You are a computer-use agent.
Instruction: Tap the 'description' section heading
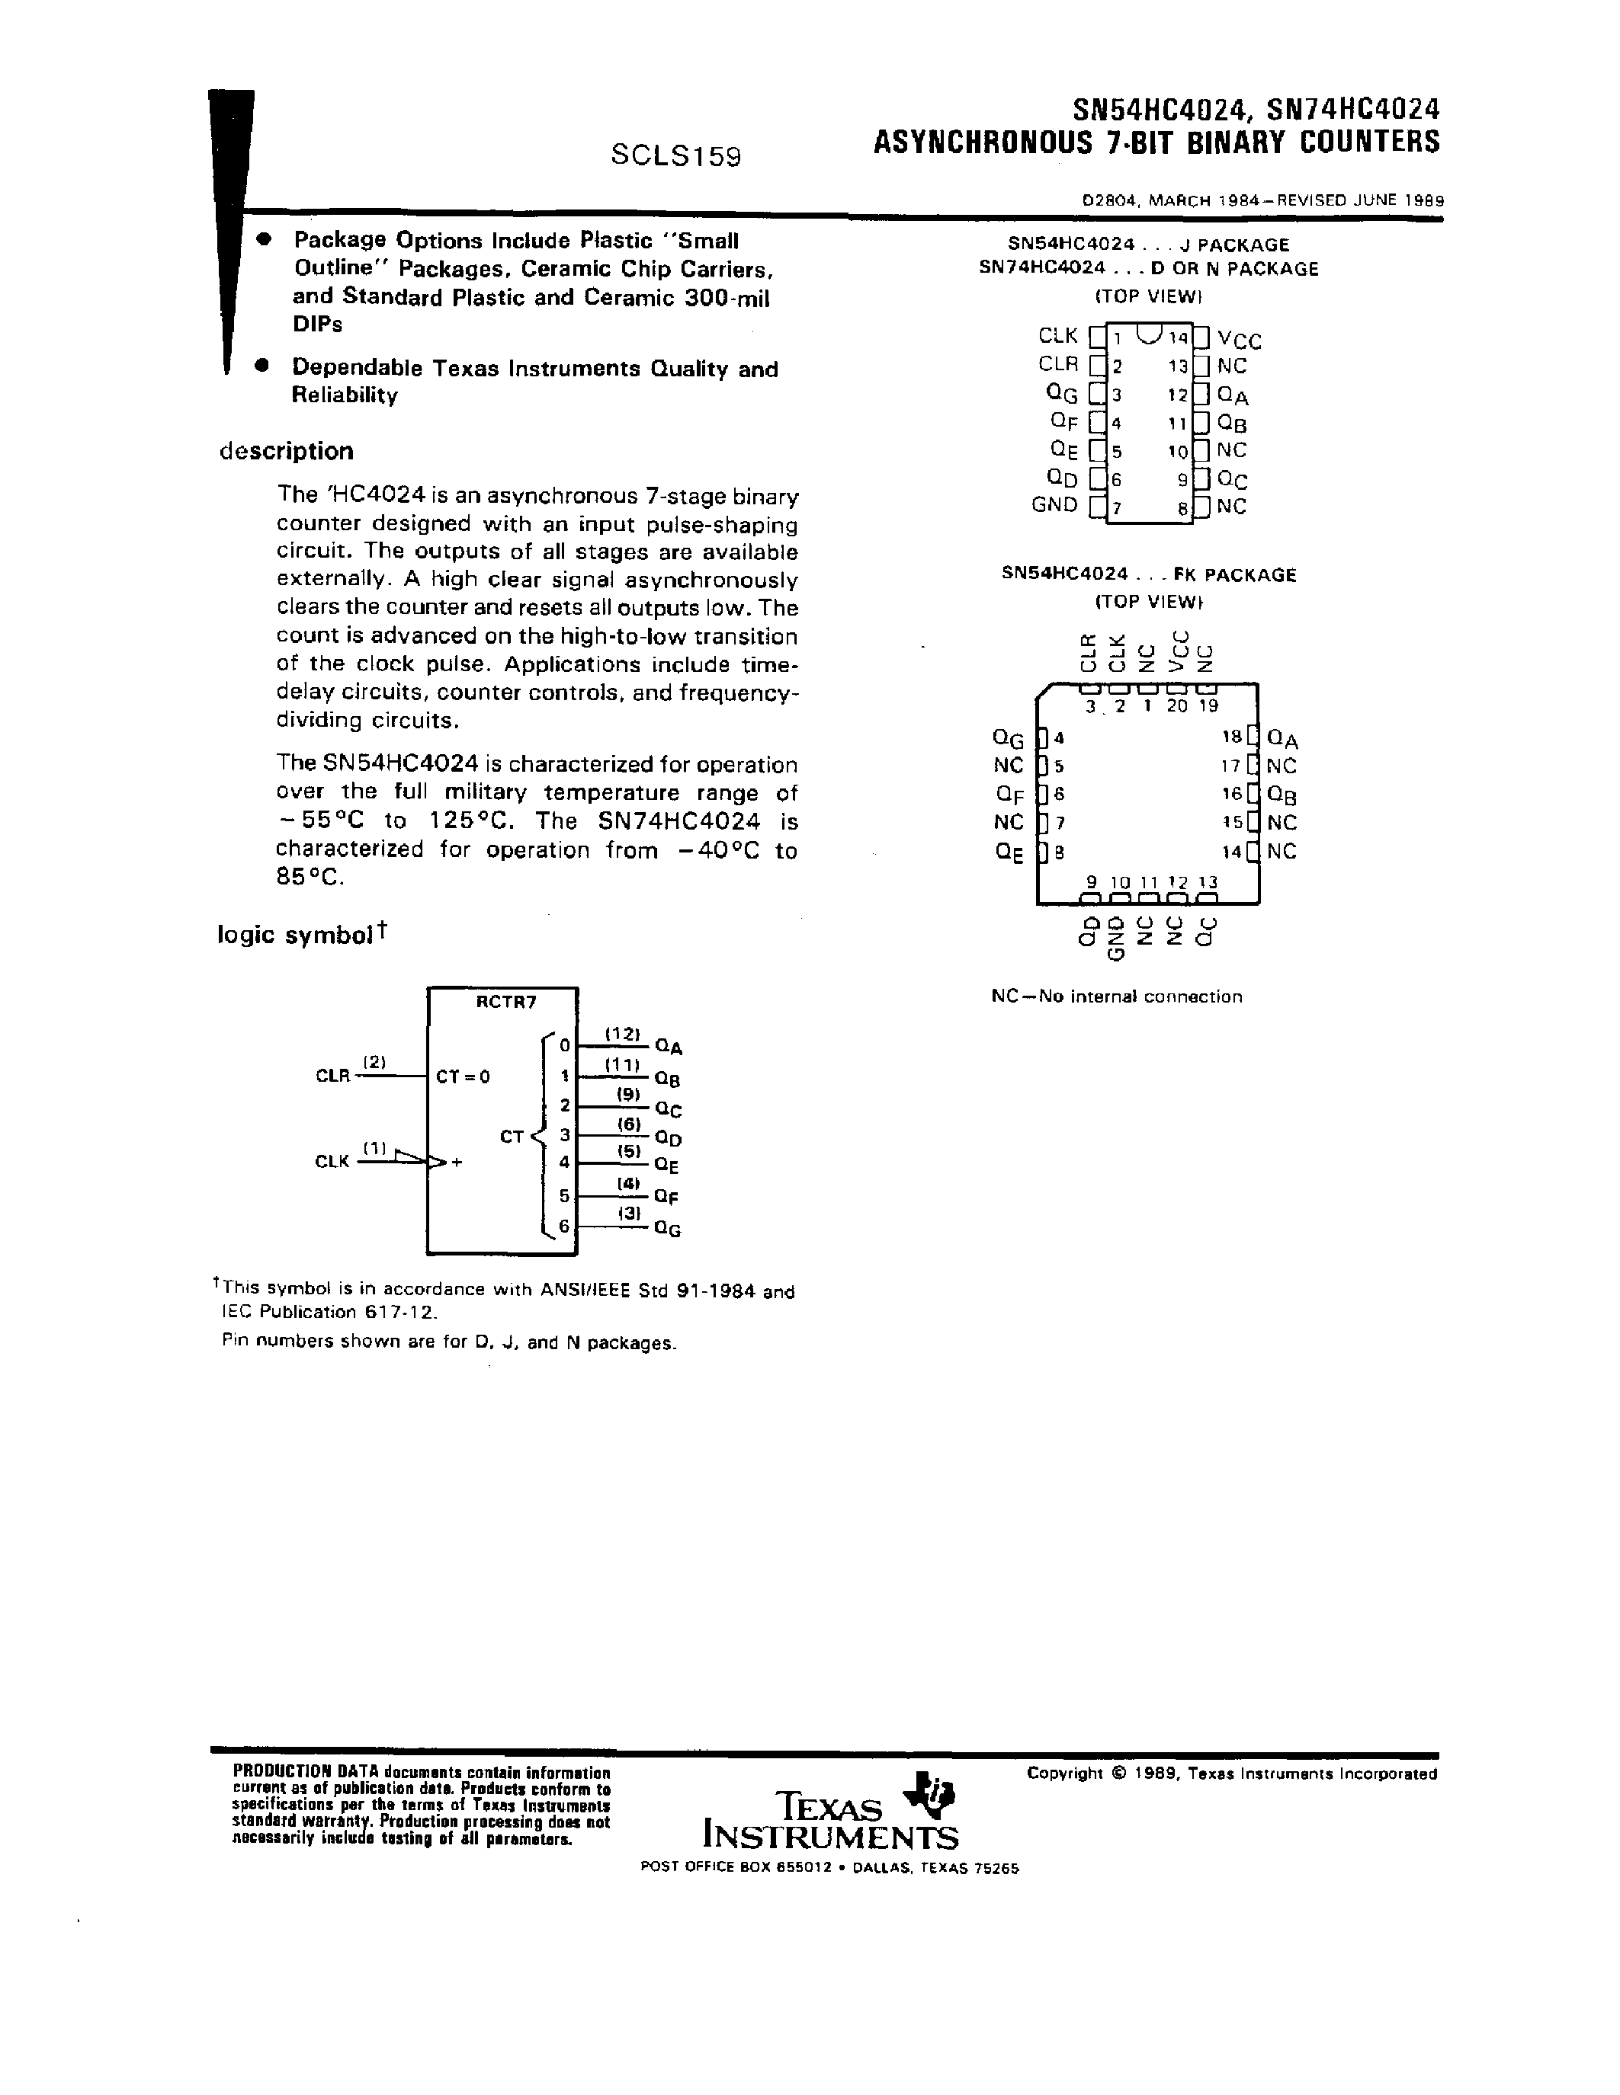click(x=286, y=451)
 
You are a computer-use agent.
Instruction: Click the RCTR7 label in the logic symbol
click(x=505, y=1003)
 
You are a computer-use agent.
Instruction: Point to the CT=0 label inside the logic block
click(x=463, y=1076)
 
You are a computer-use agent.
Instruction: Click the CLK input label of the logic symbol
click(x=332, y=1162)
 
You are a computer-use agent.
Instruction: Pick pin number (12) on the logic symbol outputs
click(x=622, y=1034)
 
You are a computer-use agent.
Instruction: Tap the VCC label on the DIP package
click(x=1239, y=340)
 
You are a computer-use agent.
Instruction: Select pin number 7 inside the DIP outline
click(x=1117, y=508)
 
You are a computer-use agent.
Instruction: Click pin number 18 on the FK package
click(x=1231, y=737)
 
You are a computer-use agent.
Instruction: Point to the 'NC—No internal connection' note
click(x=1116, y=996)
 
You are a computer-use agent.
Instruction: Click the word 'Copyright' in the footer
click(x=1064, y=1774)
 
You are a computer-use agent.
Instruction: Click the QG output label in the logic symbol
click(x=667, y=1229)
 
